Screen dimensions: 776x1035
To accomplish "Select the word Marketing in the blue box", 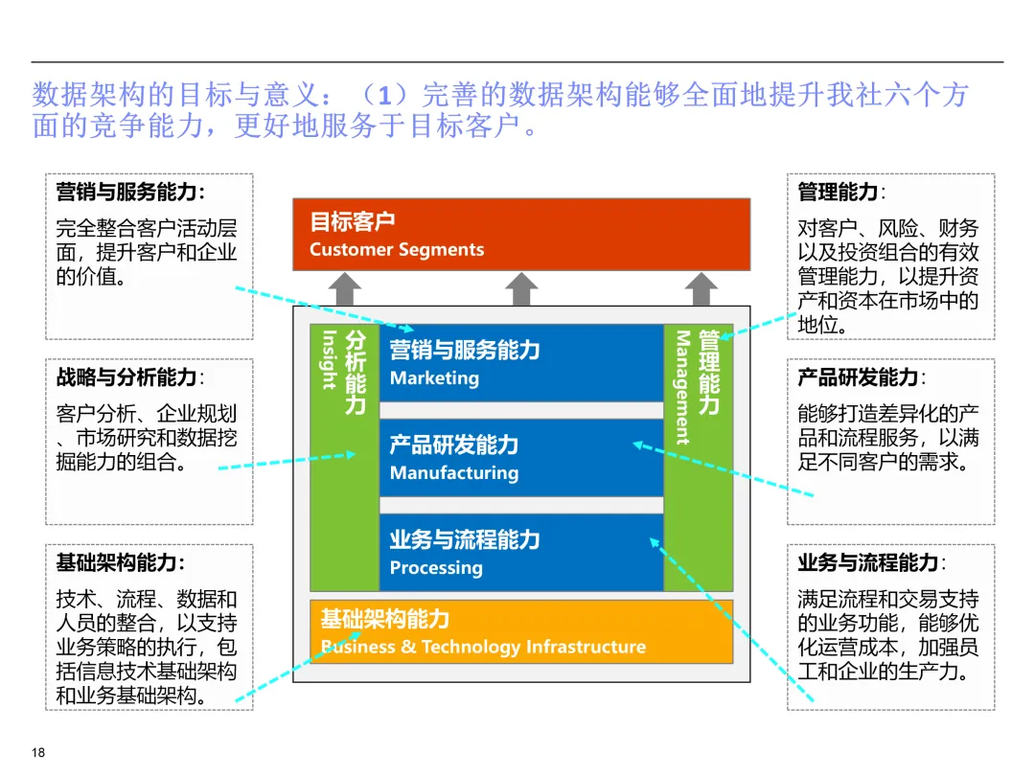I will click(434, 378).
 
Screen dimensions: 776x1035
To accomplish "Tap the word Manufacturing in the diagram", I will click(453, 473).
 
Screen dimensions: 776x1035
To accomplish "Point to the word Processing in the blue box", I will click(436, 568).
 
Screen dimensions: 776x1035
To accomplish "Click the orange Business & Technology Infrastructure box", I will click(521, 631).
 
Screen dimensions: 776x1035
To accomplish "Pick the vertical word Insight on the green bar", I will click(329, 360).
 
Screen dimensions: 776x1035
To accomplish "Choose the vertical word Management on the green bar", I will click(683, 388).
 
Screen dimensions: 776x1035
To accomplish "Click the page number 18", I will click(38, 752).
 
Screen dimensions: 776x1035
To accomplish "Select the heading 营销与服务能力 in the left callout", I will click(129, 192).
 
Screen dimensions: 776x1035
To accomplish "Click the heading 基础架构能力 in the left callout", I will click(120, 562).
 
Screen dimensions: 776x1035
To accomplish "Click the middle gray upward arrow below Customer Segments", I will click(521, 288).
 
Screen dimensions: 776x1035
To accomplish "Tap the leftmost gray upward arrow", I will click(345, 288).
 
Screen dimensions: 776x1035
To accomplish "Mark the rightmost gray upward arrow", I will click(701, 288).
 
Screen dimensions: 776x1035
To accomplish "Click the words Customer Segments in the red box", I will click(397, 250).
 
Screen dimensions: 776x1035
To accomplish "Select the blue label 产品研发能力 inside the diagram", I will click(453, 445).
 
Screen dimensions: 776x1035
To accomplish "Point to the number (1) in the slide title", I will click(379, 96).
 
